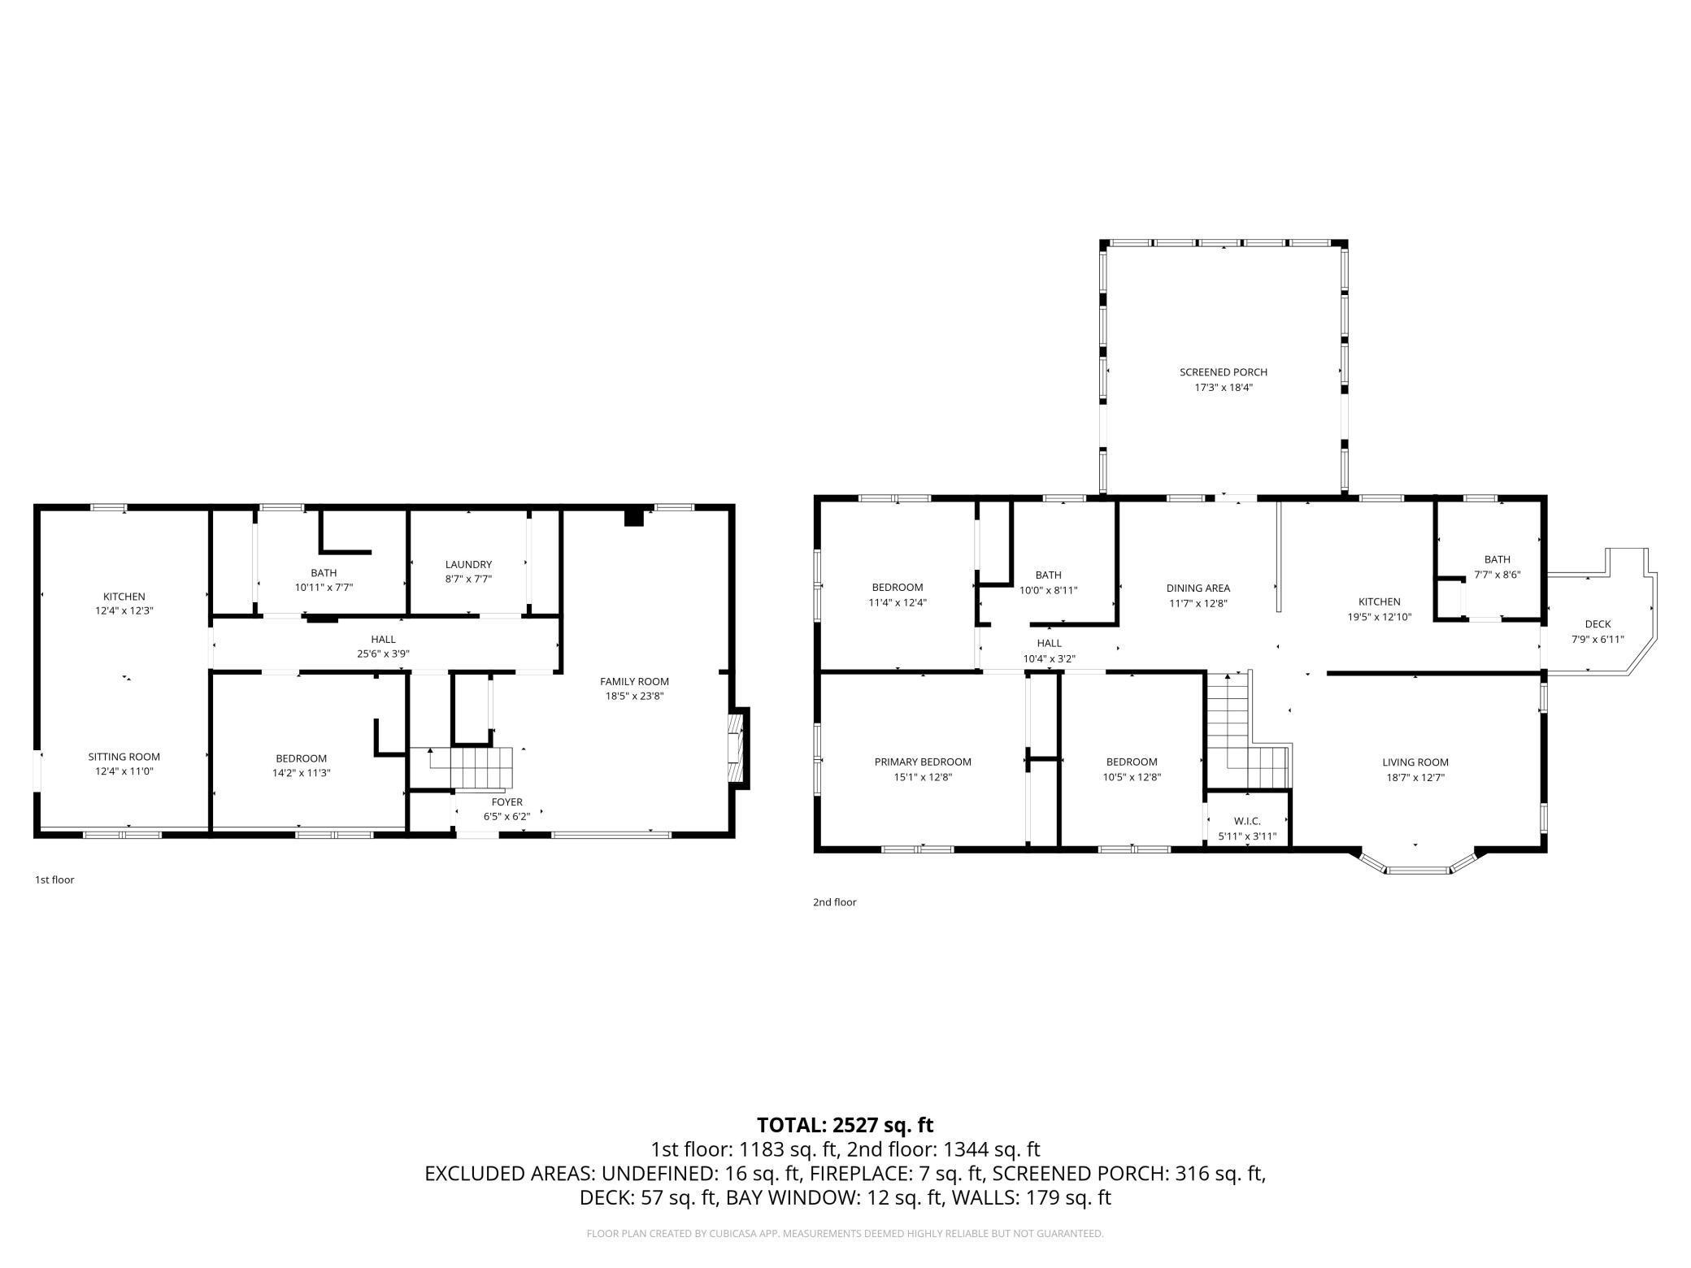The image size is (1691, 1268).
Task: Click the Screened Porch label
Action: tap(1223, 372)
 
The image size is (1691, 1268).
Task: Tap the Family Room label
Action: tap(634, 681)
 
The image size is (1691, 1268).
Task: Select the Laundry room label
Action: tap(468, 564)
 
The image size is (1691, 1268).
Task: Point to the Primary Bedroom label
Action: tap(923, 762)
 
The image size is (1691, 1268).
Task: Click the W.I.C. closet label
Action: tap(1247, 821)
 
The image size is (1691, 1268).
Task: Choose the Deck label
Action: tap(1598, 624)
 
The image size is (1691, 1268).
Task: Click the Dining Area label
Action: tap(1198, 588)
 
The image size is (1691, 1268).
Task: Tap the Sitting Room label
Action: tap(124, 757)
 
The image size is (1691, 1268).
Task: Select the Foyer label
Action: tap(506, 802)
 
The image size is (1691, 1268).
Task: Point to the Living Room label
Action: tap(1415, 762)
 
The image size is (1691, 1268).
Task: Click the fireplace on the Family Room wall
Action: tap(739, 748)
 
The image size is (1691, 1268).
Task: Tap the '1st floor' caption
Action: tap(54, 879)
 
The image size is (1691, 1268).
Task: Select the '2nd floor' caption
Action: tap(835, 901)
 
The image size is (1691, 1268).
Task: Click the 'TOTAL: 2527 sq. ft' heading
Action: tap(845, 1125)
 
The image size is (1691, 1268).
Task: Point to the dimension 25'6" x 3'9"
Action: tap(383, 654)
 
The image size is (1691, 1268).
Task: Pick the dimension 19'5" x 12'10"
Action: tap(1380, 617)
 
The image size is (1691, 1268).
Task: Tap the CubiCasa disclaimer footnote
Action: tap(845, 1234)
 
